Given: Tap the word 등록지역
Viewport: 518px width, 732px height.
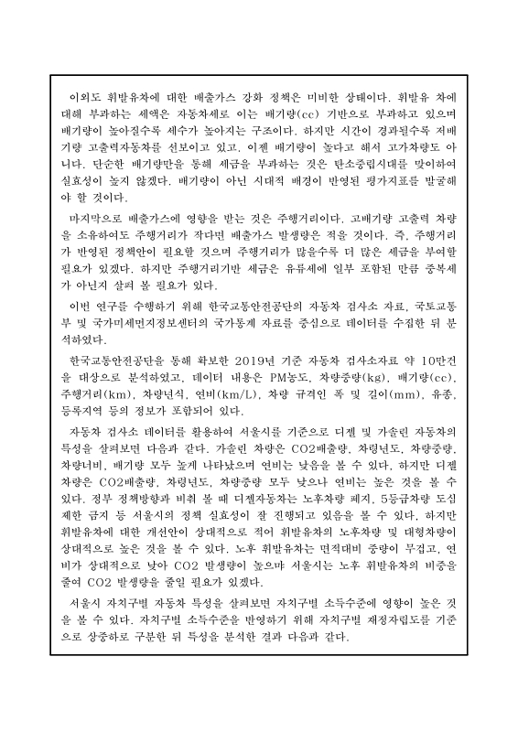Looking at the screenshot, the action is pos(94,410).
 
